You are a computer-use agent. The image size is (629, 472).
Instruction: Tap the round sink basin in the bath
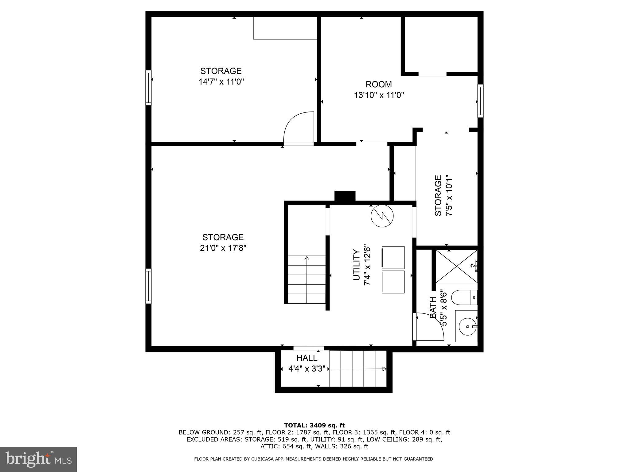click(467, 326)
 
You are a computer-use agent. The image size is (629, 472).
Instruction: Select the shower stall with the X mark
click(457, 266)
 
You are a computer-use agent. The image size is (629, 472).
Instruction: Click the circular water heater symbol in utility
click(382, 216)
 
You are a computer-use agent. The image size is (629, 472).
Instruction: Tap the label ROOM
click(379, 84)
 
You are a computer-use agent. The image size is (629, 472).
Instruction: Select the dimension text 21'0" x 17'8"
click(223, 248)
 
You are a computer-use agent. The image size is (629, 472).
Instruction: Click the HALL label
click(307, 358)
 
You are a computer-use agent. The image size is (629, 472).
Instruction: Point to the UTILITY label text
click(356, 265)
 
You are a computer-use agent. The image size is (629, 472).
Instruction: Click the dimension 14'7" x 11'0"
click(221, 82)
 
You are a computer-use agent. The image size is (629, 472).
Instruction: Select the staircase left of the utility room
click(307, 280)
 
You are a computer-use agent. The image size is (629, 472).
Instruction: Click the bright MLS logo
click(38, 459)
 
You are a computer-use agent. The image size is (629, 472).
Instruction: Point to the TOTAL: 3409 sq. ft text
click(314, 426)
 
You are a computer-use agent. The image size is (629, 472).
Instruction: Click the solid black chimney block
click(345, 196)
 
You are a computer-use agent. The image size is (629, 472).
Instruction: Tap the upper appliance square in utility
click(393, 257)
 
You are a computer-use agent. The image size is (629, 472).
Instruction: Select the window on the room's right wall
click(480, 101)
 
